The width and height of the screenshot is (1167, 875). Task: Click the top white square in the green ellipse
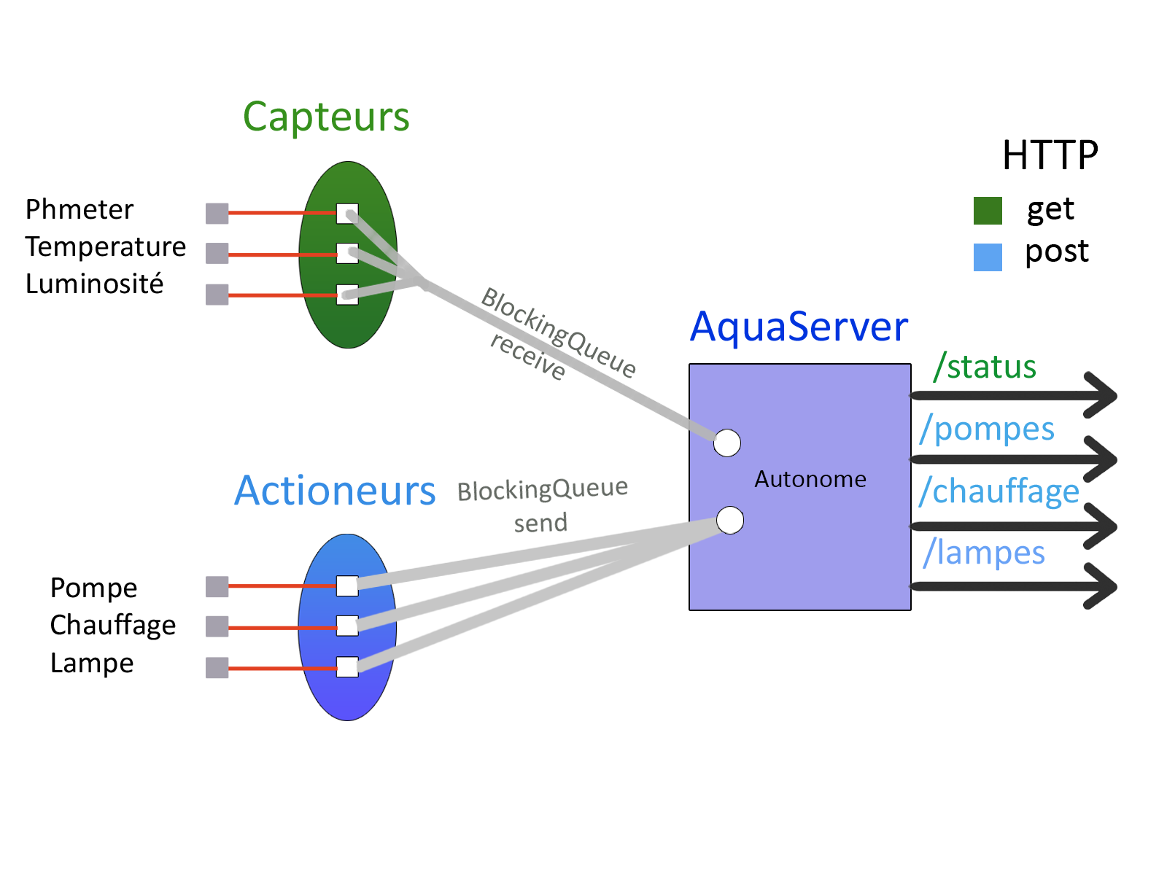(347, 213)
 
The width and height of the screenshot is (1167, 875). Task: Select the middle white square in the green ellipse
(347, 254)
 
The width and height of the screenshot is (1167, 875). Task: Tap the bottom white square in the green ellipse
(347, 295)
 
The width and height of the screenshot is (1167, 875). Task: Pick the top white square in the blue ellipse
(347, 586)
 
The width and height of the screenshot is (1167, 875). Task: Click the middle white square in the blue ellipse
(347, 626)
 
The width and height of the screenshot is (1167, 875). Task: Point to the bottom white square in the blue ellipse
(347, 667)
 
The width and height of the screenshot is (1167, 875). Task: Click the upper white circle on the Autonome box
(727, 443)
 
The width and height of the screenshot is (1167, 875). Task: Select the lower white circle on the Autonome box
(730, 520)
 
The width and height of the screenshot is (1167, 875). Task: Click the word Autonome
(810, 479)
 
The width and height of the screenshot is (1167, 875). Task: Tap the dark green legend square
(988, 211)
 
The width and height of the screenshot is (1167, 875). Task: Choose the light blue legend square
(988, 257)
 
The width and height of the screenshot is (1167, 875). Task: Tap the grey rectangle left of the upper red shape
(219, 254)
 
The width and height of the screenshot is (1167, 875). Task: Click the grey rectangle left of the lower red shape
(219, 627)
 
